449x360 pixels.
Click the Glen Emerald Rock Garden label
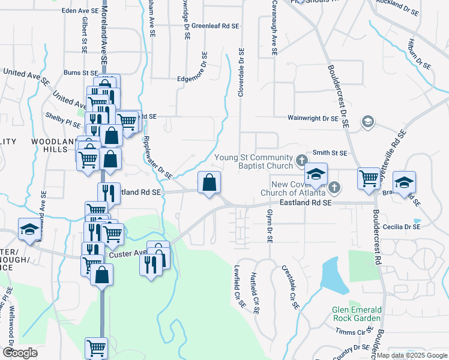pos(357,314)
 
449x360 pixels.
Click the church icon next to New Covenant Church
pos(335,188)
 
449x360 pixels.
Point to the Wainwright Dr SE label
pos(313,119)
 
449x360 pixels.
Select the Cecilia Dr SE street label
pos(403,227)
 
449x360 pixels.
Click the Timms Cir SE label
pos(352,331)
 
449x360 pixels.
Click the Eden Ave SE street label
pos(80,11)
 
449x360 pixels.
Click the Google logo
pos(20,353)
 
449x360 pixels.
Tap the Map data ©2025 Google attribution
pos(411,355)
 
